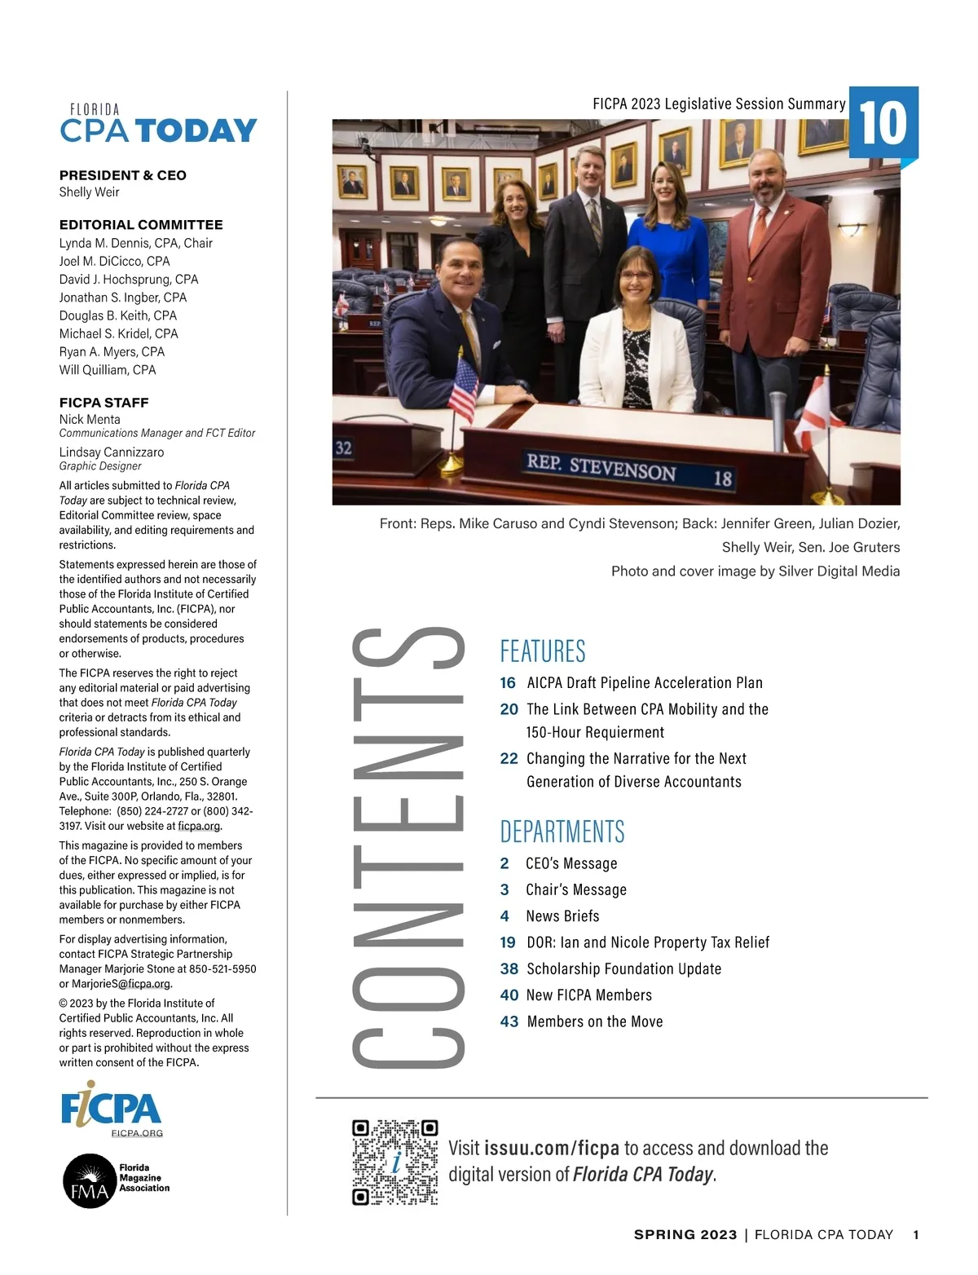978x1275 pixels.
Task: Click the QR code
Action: [395, 1162]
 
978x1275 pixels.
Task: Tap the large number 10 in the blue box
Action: [883, 122]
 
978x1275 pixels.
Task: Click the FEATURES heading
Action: [543, 651]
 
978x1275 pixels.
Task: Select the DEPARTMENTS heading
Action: [562, 832]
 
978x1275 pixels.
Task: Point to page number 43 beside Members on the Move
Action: [509, 1021]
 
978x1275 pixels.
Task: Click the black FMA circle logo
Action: [90, 1180]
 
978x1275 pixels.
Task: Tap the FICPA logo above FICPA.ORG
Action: [112, 1106]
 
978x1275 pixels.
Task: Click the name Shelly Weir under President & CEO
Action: [89, 192]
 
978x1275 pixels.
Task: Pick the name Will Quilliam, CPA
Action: [107, 370]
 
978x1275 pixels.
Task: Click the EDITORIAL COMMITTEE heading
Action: [141, 225]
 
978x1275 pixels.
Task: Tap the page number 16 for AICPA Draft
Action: [508, 683]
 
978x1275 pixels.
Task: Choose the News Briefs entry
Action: [562, 916]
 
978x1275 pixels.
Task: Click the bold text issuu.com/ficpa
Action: [552, 1149]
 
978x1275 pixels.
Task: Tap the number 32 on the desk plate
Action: [343, 448]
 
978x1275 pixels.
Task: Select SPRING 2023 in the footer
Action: [685, 1235]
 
